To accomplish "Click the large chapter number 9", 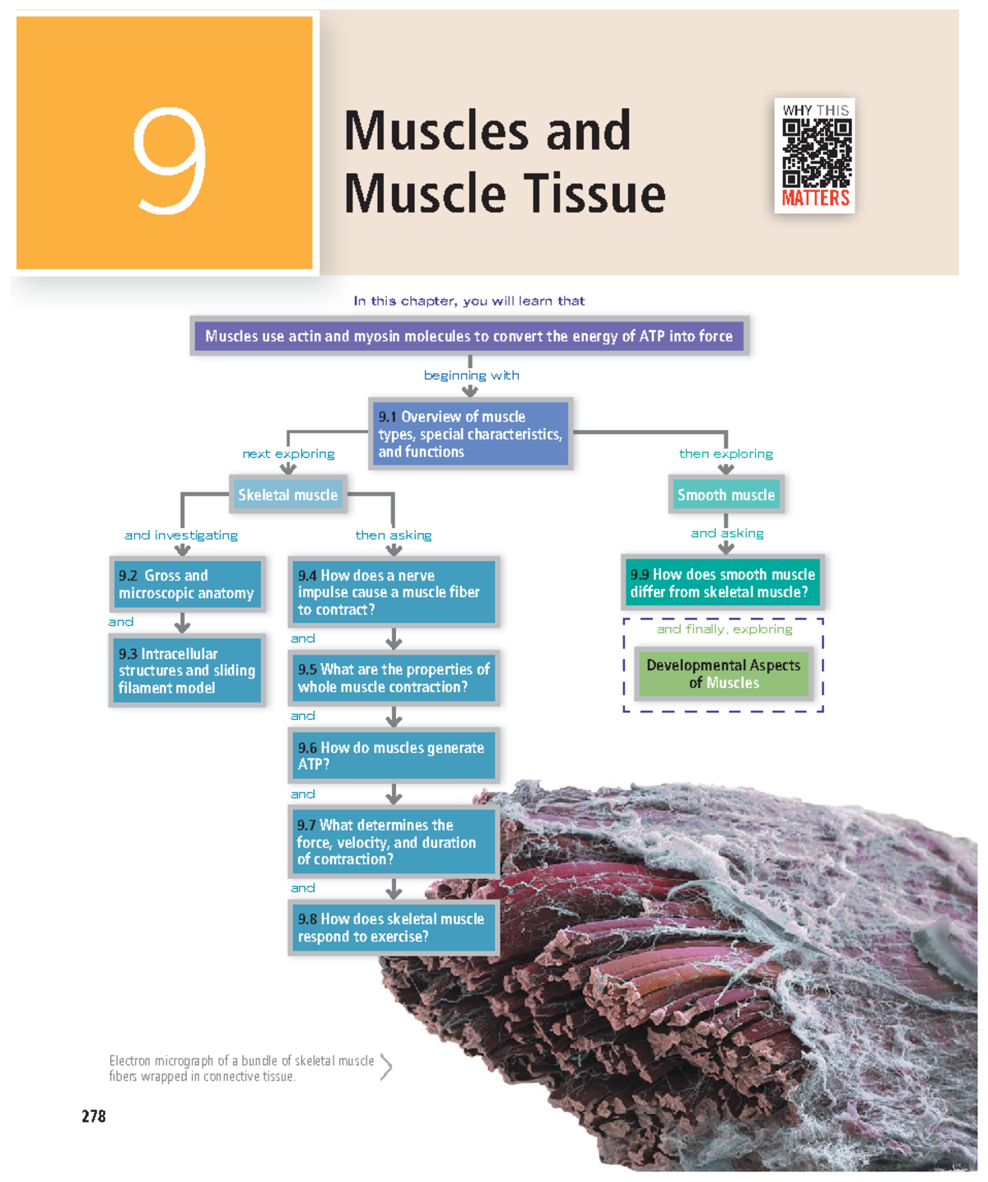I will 169,161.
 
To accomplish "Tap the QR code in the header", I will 816,153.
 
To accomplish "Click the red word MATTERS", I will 815,199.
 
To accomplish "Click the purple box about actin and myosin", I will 469,336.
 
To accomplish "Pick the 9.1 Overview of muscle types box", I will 470,434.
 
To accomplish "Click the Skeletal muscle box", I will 287,495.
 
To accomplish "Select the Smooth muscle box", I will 725,495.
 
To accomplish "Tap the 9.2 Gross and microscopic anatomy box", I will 187,584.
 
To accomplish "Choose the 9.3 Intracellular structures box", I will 187,670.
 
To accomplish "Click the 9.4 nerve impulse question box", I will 394,592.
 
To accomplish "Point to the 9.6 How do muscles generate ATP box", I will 394,755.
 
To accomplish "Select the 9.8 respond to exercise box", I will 394,927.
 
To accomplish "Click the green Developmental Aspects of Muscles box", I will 724,674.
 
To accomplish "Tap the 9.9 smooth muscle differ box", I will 723,583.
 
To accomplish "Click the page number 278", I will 93,1116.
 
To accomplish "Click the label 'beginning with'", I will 471,376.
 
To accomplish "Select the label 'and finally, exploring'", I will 725,629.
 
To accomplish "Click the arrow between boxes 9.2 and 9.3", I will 183,624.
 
